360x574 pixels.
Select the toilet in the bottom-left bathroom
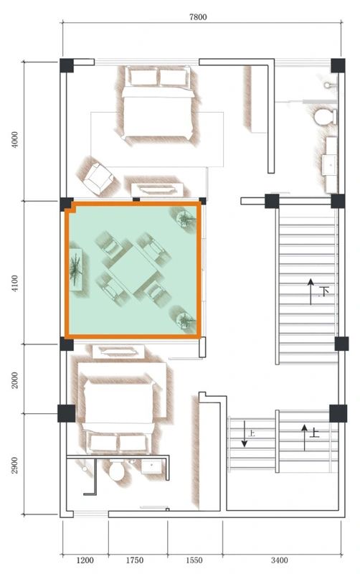tap(117, 471)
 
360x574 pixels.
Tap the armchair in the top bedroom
tap(99, 177)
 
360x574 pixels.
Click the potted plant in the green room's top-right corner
tap(185, 217)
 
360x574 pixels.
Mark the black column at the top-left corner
tap(66, 65)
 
